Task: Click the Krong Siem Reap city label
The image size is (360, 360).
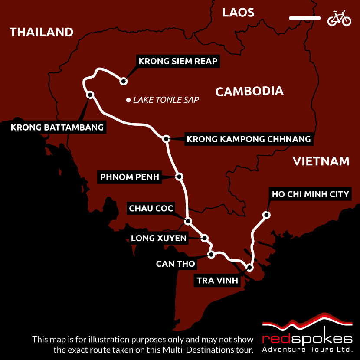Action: (x=177, y=61)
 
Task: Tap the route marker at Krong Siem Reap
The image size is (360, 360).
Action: (x=124, y=81)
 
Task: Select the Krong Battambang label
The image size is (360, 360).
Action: (x=57, y=128)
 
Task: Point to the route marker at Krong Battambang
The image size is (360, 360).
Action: (x=90, y=95)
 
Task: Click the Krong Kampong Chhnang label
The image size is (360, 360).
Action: (x=249, y=139)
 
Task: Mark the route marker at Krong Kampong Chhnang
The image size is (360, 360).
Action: (x=166, y=139)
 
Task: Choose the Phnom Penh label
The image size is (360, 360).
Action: (x=130, y=177)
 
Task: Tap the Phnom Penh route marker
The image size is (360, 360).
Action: (x=180, y=177)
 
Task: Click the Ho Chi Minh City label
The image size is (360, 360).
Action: (x=310, y=194)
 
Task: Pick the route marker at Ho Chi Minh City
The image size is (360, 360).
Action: (x=267, y=214)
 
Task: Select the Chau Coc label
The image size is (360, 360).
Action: (x=151, y=209)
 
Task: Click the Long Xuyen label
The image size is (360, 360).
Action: (x=159, y=238)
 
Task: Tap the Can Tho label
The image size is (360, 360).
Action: (x=175, y=263)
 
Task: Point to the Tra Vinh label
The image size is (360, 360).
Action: (x=217, y=281)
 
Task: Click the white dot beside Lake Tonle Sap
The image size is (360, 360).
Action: (x=128, y=100)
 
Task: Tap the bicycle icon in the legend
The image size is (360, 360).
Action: (x=339, y=18)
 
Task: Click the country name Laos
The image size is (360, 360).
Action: (x=238, y=12)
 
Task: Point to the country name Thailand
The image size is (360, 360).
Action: (x=42, y=32)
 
